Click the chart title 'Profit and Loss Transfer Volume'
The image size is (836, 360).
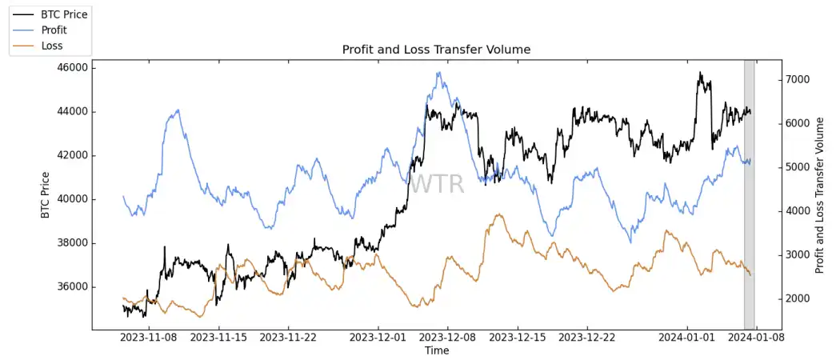coord(436,50)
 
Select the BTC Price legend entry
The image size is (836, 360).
coord(64,14)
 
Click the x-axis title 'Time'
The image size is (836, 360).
coord(437,351)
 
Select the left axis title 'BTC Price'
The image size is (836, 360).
coord(45,195)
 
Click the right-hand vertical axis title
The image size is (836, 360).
coord(819,195)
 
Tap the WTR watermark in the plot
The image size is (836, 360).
coord(437,184)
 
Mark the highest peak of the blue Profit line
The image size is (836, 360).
coord(438,73)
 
